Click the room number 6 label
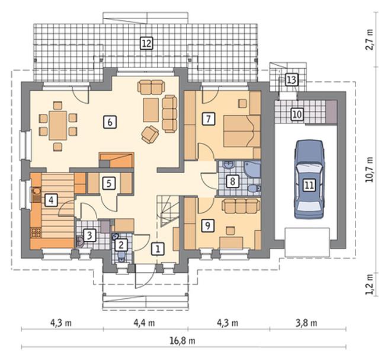click(110, 122)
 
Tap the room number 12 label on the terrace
click(146, 43)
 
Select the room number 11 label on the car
click(309, 185)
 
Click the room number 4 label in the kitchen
click(51, 200)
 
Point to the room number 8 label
click(232, 181)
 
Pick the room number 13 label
click(291, 80)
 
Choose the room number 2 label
click(121, 245)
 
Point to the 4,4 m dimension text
click(144, 323)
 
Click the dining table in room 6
click(58, 126)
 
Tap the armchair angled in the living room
click(150, 135)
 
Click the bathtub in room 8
click(252, 171)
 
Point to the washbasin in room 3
click(81, 241)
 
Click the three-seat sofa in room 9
click(241, 206)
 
